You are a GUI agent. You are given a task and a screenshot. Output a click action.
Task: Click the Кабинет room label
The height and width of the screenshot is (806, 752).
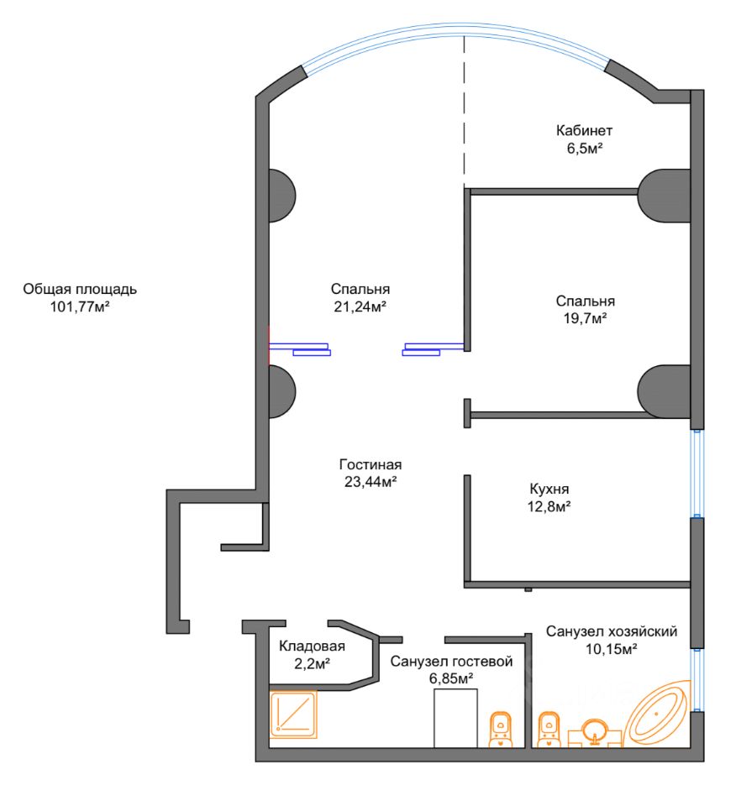(x=584, y=131)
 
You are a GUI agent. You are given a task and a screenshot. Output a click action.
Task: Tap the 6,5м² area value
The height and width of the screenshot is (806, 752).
(x=584, y=148)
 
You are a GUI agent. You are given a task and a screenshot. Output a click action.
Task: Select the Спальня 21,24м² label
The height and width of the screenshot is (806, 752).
(x=360, y=290)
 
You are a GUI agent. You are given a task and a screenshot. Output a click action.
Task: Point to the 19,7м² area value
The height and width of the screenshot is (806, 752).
(x=585, y=318)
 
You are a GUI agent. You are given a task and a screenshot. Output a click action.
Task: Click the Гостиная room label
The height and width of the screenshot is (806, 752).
(x=371, y=464)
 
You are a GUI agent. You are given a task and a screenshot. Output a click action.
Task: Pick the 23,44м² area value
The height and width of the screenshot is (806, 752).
(x=371, y=481)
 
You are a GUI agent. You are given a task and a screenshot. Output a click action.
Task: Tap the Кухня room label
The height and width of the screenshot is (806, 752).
(x=550, y=489)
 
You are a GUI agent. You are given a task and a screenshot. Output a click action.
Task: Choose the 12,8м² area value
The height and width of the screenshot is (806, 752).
(x=550, y=505)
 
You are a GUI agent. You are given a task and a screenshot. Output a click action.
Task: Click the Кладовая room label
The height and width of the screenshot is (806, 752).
(x=312, y=646)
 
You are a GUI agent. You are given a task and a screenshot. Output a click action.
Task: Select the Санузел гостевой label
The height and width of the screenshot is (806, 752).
(x=451, y=662)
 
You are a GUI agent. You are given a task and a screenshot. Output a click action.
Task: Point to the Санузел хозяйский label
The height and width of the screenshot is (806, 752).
(x=611, y=631)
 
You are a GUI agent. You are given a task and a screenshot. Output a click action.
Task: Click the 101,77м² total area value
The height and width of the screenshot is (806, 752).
(x=81, y=306)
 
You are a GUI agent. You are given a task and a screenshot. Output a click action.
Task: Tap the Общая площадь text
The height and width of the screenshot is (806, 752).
(x=80, y=290)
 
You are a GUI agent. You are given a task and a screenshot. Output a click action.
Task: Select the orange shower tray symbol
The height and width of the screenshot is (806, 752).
(x=293, y=714)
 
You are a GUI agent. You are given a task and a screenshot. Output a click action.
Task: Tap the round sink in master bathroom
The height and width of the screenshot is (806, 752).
(x=596, y=729)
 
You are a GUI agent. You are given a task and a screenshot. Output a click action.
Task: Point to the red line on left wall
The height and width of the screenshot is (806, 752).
(x=268, y=344)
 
